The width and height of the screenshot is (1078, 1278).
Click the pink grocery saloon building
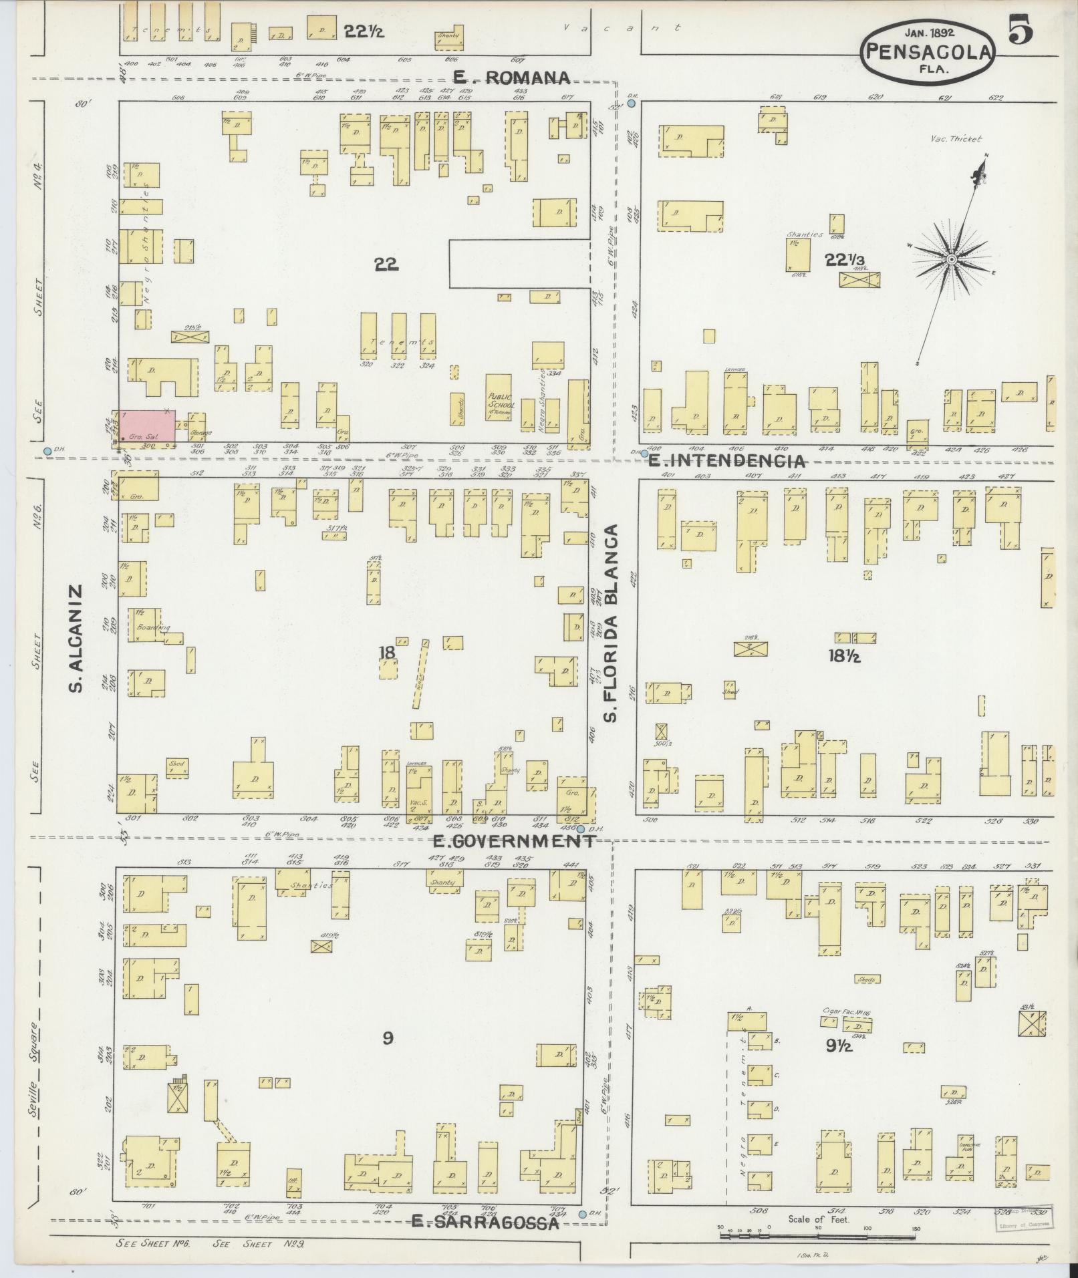click(148, 426)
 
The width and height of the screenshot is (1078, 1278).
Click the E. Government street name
click(513, 840)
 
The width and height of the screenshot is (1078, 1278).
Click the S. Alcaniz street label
click(77, 638)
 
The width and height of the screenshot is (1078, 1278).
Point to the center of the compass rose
click(951, 259)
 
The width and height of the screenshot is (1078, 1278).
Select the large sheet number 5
click(1021, 30)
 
